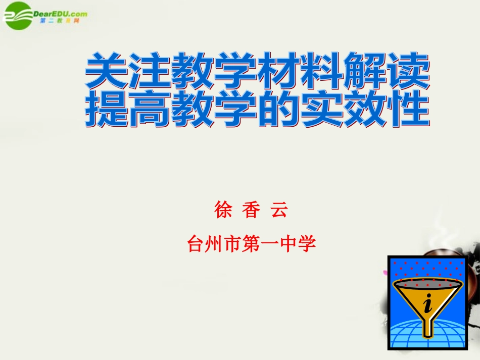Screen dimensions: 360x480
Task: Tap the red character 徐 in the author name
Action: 223,210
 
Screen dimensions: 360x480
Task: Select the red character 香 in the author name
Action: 251,210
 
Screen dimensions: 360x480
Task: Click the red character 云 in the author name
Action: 279,210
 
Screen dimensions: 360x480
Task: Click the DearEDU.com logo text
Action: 60,14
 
